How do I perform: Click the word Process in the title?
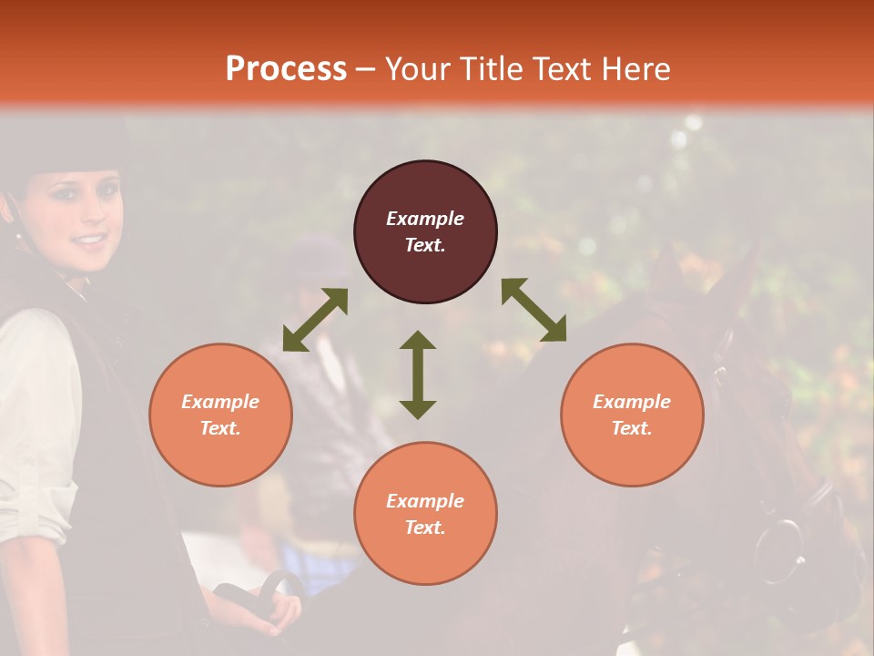(286, 69)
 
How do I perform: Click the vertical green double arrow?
(418, 374)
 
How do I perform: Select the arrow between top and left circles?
(315, 320)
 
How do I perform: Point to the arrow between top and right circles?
(534, 310)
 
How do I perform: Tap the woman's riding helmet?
(64, 146)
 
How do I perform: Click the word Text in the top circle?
(424, 245)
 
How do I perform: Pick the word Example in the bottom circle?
(424, 501)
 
